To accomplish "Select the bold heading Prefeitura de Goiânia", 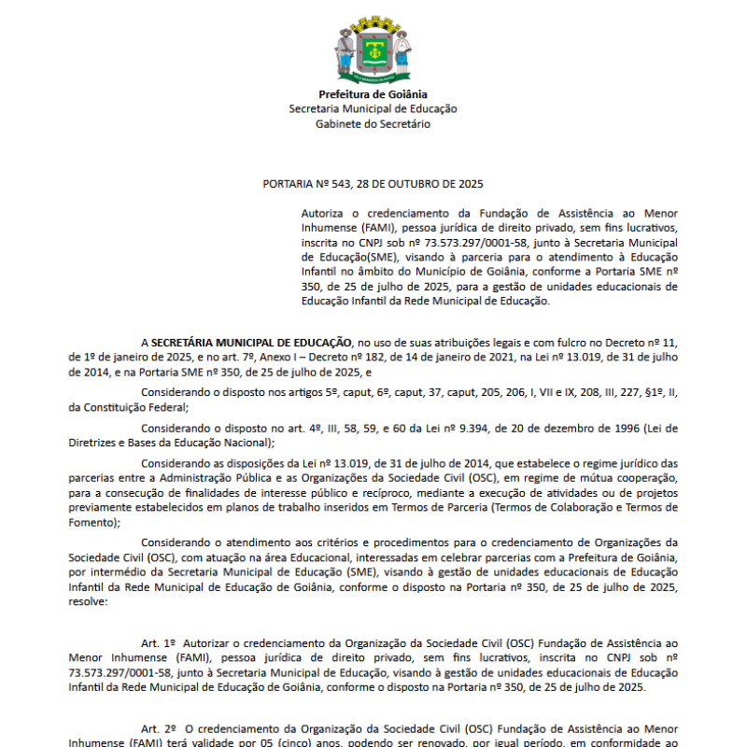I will pos(373,94).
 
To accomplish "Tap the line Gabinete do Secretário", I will pos(373,123).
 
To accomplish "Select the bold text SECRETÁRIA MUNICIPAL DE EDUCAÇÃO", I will pos(251,342).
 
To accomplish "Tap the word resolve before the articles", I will pos(88,603).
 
